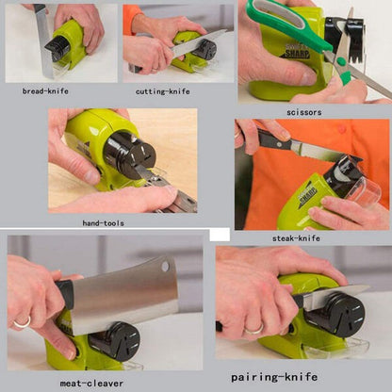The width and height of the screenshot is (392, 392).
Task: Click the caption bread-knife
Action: [x=45, y=91]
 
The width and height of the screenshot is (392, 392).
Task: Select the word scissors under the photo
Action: [x=303, y=112]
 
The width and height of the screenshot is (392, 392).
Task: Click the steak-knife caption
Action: [x=296, y=238]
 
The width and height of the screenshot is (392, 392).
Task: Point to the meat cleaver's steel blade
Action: [x=122, y=295]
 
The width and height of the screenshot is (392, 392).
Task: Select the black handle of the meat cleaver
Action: [x=64, y=293]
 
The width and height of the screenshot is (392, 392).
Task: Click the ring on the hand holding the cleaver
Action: [x=21, y=322]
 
